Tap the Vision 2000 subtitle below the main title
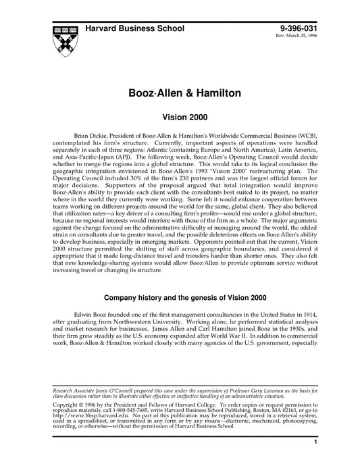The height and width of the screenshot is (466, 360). point(180,117)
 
